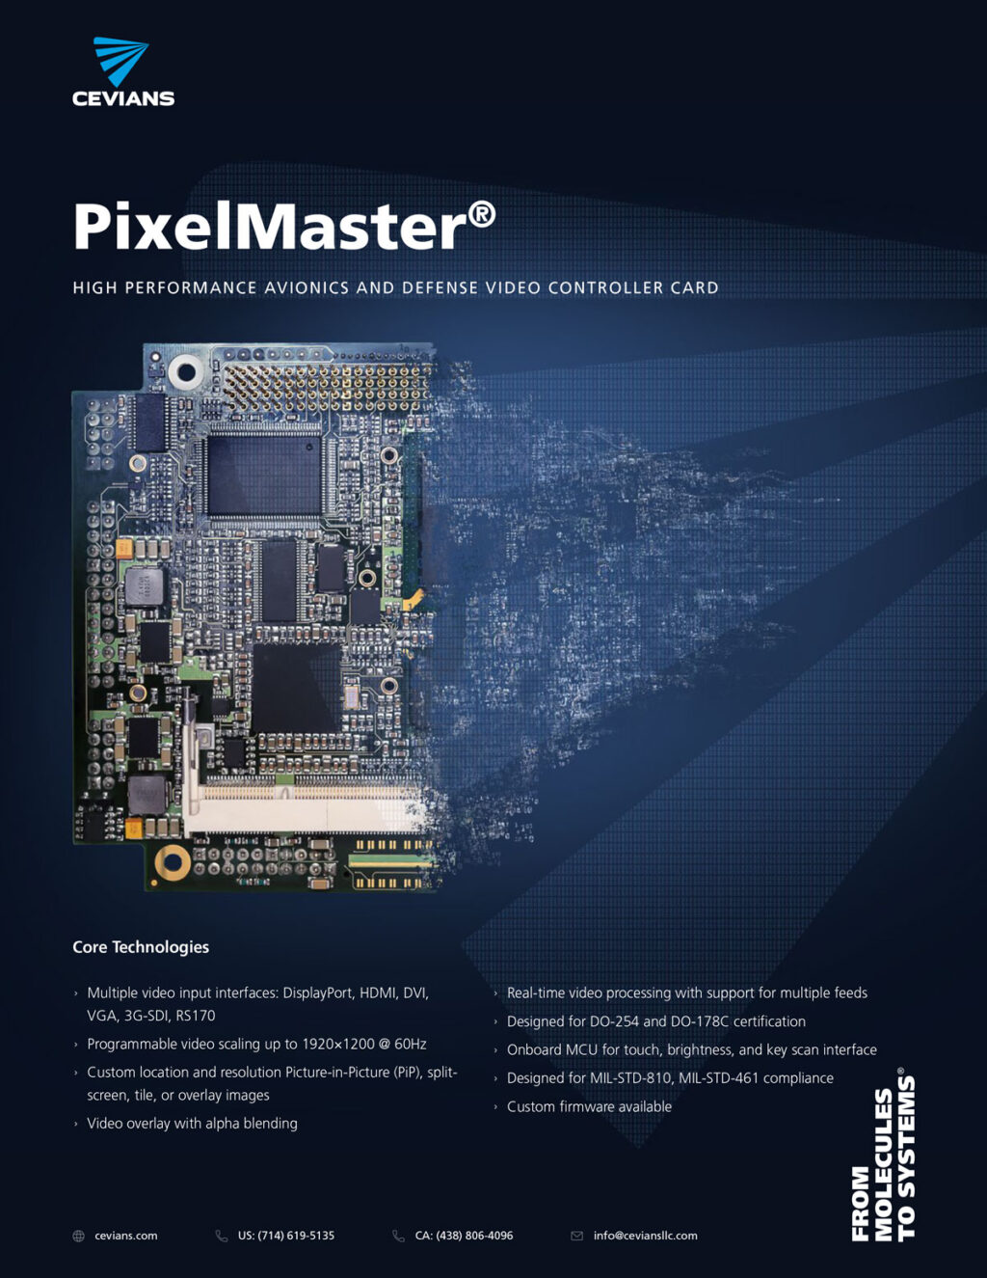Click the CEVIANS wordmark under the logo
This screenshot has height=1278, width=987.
(123, 98)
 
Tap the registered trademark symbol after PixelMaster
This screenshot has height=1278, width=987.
(482, 215)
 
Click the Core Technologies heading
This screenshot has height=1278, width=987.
(141, 947)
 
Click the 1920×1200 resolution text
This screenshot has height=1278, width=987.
(337, 1044)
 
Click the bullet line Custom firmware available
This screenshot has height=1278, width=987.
(589, 1106)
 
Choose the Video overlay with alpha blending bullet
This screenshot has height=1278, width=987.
(192, 1124)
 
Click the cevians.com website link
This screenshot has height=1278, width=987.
(125, 1236)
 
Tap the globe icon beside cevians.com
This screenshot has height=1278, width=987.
(79, 1236)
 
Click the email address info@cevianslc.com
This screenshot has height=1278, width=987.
(645, 1236)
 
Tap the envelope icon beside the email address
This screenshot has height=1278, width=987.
(577, 1236)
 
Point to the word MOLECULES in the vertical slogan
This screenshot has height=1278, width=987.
(884, 1164)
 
